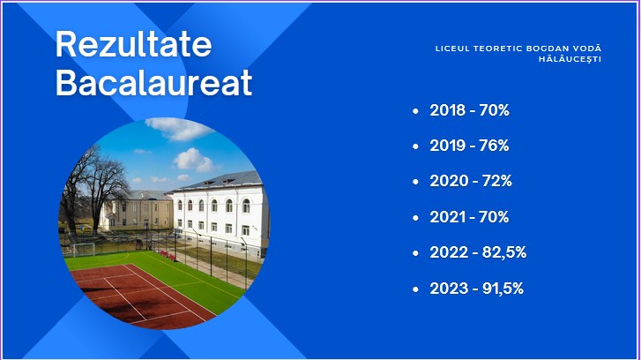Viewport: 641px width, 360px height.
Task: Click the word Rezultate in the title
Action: point(134,44)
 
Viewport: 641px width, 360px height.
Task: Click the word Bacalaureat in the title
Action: point(153,83)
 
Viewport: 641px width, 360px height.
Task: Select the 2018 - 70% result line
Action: point(469,110)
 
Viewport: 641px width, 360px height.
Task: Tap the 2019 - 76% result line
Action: point(469,146)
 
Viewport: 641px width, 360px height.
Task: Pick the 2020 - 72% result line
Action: point(471,181)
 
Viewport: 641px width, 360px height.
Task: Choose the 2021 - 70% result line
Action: point(469,217)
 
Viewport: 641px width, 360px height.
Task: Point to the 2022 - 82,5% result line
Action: point(478,252)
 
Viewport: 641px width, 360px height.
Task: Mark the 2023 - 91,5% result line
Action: point(477,289)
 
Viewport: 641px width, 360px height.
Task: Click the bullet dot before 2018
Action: point(416,111)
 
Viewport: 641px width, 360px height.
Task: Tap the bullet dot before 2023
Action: point(416,289)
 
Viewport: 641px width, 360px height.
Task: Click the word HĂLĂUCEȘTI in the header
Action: point(570,59)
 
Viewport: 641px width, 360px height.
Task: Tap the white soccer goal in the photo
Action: point(84,249)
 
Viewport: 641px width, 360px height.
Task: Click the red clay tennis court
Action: point(139,295)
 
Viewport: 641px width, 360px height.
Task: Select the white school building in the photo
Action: point(221,213)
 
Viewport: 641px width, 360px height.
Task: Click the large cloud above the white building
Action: point(194,160)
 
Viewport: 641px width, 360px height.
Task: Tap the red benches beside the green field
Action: point(167,255)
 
